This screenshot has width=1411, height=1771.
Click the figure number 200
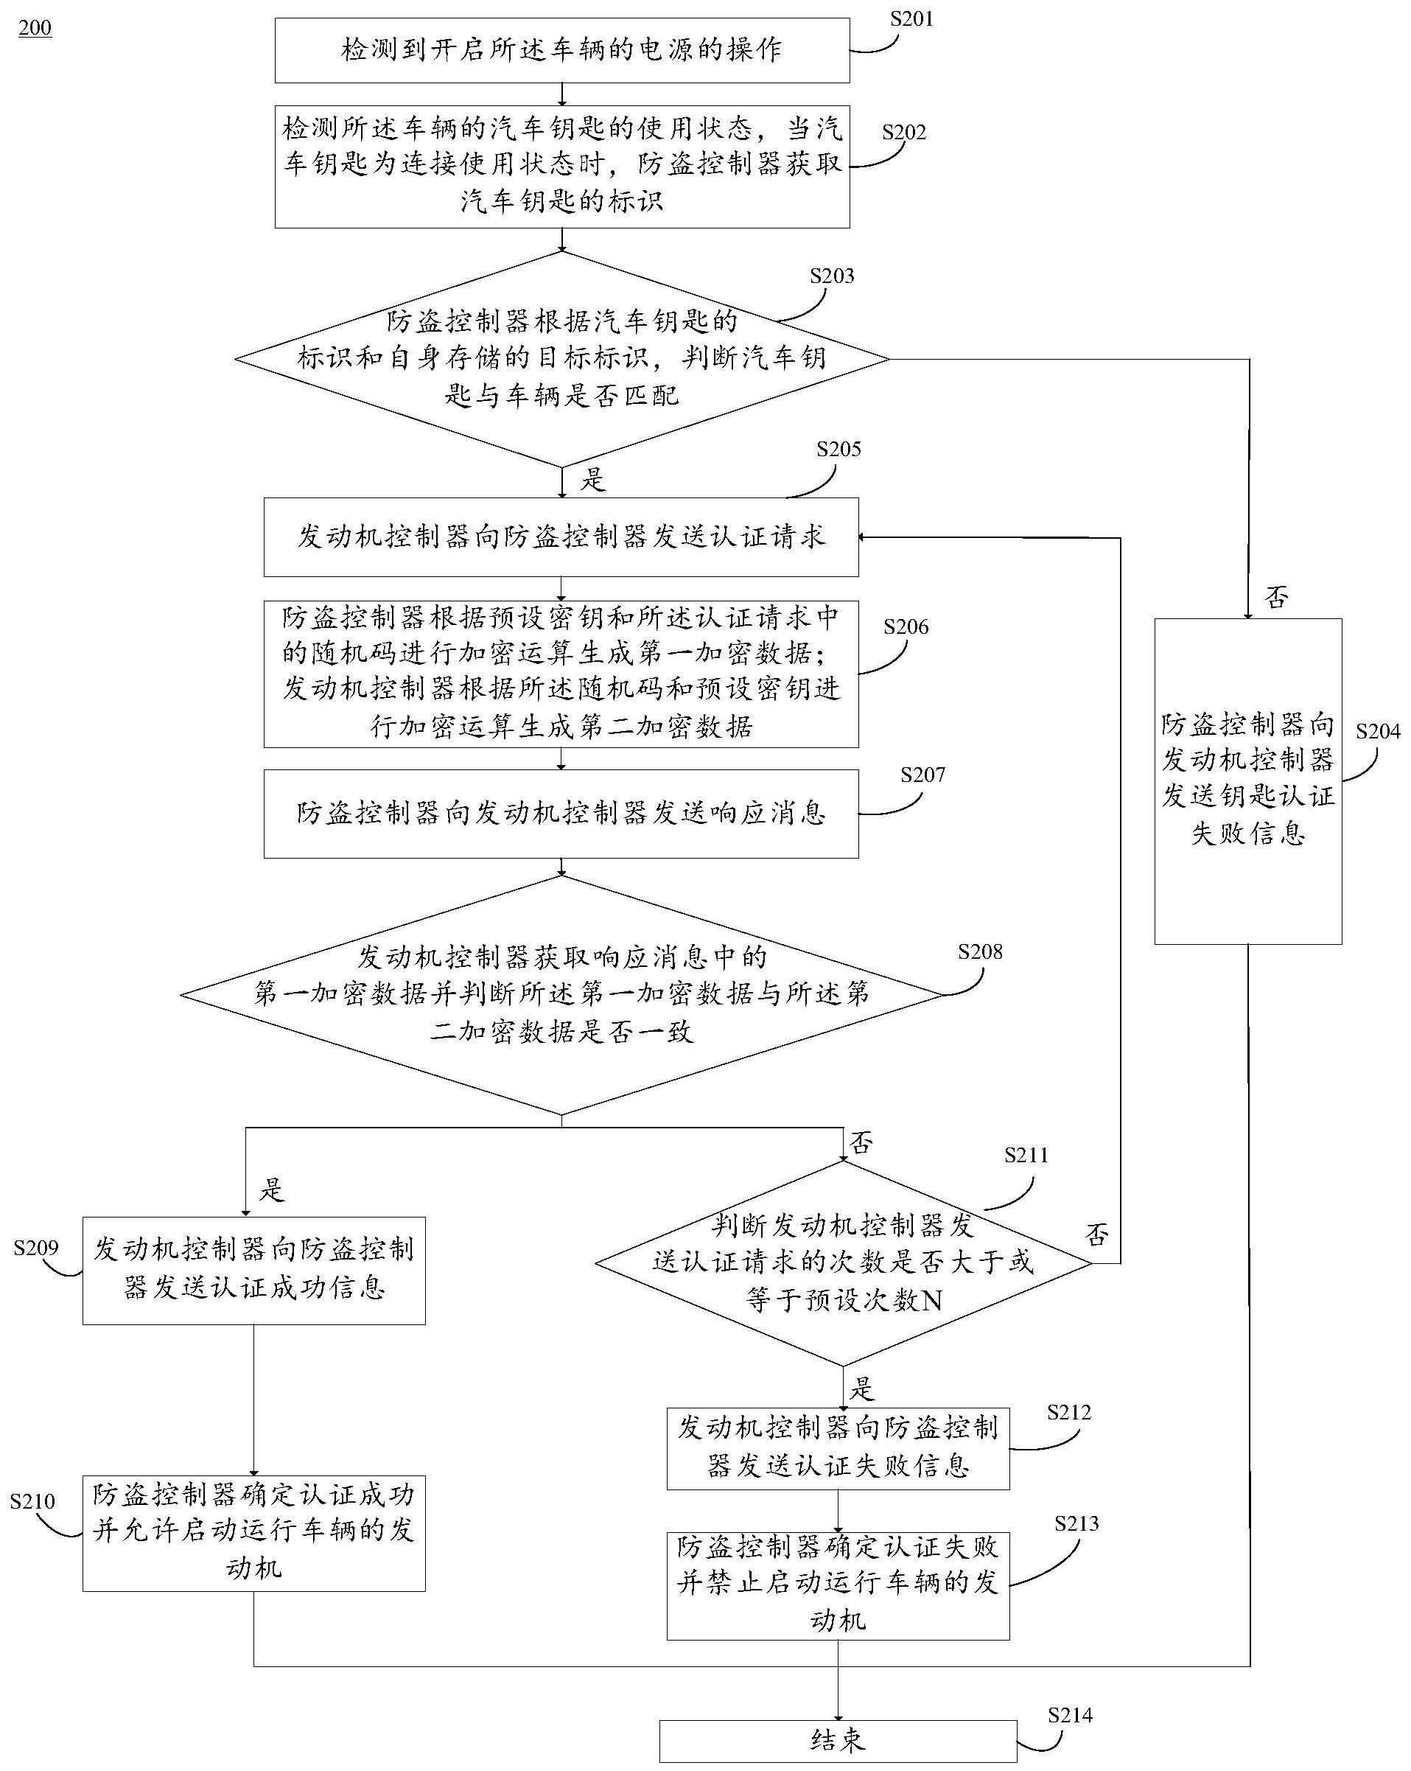point(35,28)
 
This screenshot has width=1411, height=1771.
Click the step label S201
point(911,19)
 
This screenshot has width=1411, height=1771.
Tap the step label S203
point(831,276)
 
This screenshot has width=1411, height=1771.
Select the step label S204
point(1377,731)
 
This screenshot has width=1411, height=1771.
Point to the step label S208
point(980,951)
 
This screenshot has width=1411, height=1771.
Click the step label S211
point(1026,1155)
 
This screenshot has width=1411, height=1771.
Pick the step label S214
point(1069,1715)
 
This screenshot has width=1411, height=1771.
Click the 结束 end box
point(838,1741)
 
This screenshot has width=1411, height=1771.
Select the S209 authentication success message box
point(253,1270)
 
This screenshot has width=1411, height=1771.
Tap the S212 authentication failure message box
point(838,1449)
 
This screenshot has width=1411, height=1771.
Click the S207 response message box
point(561,813)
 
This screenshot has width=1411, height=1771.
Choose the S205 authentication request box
point(561,537)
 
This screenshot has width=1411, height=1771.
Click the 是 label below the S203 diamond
point(592,480)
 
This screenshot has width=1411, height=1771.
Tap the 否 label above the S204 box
point(1276,597)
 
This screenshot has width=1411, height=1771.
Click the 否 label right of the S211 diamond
point(1097,1234)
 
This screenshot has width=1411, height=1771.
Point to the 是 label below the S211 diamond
point(861,1389)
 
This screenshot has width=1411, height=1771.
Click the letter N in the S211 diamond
point(932,1300)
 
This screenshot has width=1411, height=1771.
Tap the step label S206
point(905,626)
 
